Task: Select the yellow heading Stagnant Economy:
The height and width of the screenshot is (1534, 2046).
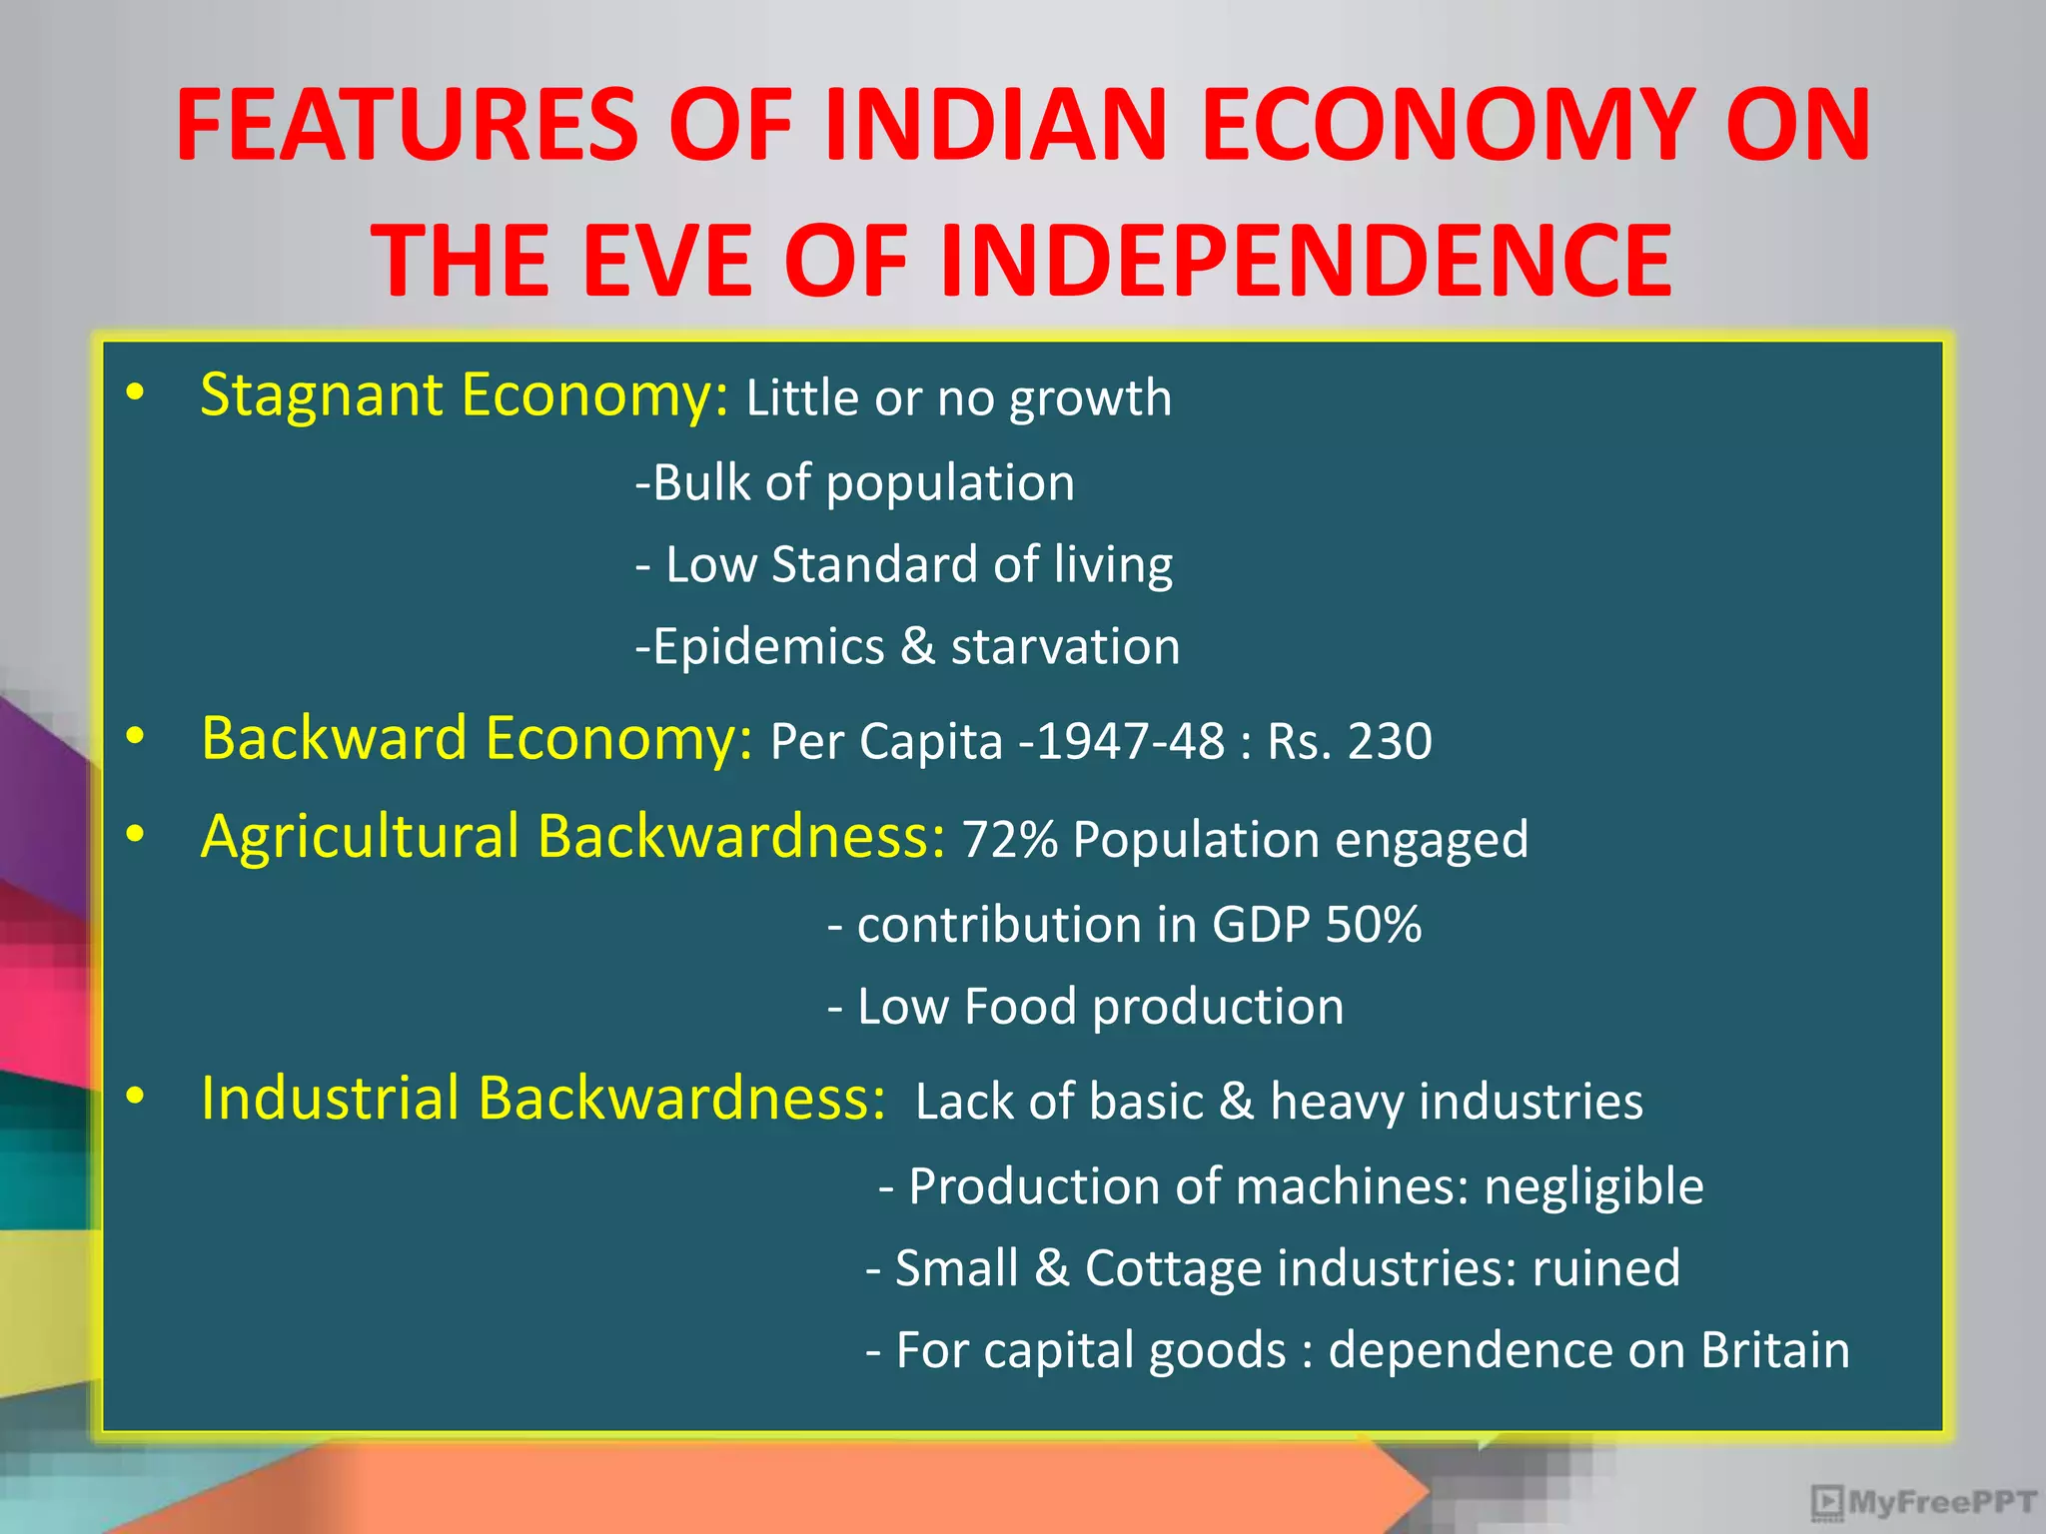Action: point(466,394)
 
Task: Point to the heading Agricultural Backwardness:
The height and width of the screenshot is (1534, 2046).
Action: point(573,836)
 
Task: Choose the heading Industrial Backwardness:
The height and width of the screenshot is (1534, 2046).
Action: point(543,1098)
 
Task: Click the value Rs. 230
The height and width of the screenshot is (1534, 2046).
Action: point(1350,741)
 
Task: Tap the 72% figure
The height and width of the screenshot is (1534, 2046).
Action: point(1010,839)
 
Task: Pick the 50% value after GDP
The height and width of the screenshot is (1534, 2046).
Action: point(1374,924)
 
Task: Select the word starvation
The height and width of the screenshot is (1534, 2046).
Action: point(1065,646)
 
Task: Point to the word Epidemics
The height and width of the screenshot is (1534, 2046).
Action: point(768,646)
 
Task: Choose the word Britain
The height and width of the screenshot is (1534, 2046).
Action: point(1775,1350)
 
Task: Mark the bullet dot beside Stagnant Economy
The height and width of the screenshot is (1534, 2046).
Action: point(136,394)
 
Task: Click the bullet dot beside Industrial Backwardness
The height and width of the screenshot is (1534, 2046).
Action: point(136,1098)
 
